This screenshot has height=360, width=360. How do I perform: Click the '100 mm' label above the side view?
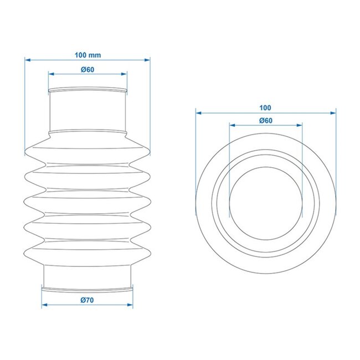(88, 55)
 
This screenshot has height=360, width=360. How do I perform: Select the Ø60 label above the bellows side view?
(88, 69)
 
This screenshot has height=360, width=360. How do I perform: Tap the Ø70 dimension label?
(88, 300)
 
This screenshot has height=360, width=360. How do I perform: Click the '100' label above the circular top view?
(265, 107)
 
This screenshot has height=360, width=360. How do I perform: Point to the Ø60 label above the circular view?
(265, 121)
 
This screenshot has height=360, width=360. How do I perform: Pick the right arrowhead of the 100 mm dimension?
(148, 59)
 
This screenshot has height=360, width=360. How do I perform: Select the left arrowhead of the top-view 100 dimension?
(198, 112)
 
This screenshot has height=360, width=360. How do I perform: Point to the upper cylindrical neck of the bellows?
(88, 111)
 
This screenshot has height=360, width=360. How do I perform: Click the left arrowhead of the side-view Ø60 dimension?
(50, 73)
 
